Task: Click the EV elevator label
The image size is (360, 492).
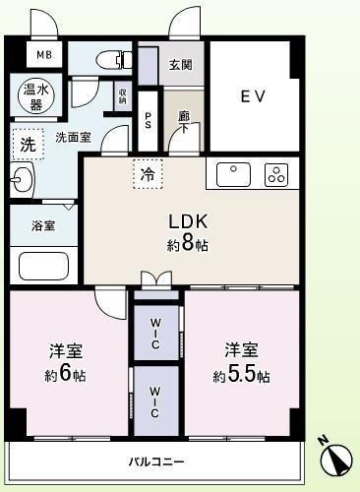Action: coord(255,96)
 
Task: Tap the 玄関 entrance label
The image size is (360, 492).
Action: coord(180,66)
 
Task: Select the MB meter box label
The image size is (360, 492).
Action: coord(44,55)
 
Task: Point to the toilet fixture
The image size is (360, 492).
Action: coord(114,60)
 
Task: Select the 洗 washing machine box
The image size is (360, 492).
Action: coord(28,144)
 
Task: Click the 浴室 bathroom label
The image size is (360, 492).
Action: coord(42,225)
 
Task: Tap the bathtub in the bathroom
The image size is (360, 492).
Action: coord(44,266)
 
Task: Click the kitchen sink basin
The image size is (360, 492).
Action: coord(235,174)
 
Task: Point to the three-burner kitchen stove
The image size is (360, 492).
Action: coord(275,175)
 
